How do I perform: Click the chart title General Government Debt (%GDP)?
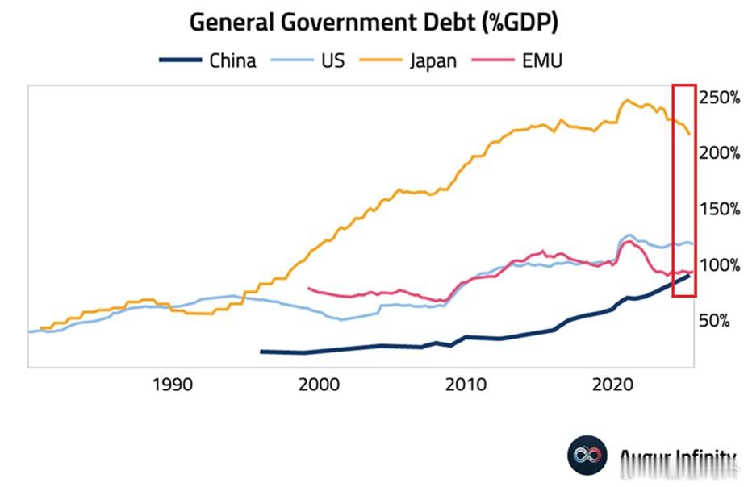[374, 23]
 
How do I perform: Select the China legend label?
[232, 60]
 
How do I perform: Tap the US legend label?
[332, 60]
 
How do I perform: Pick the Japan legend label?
[433, 60]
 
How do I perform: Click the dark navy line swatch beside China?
[179, 60]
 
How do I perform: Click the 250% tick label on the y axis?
[720, 98]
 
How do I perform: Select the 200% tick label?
[720, 153]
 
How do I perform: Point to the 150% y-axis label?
[720, 209]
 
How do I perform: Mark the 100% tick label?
[720, 265]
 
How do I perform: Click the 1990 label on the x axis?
[173, 385]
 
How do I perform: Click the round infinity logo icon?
[587, 456]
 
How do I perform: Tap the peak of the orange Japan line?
[626, 101]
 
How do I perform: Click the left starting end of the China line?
[261, 352]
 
